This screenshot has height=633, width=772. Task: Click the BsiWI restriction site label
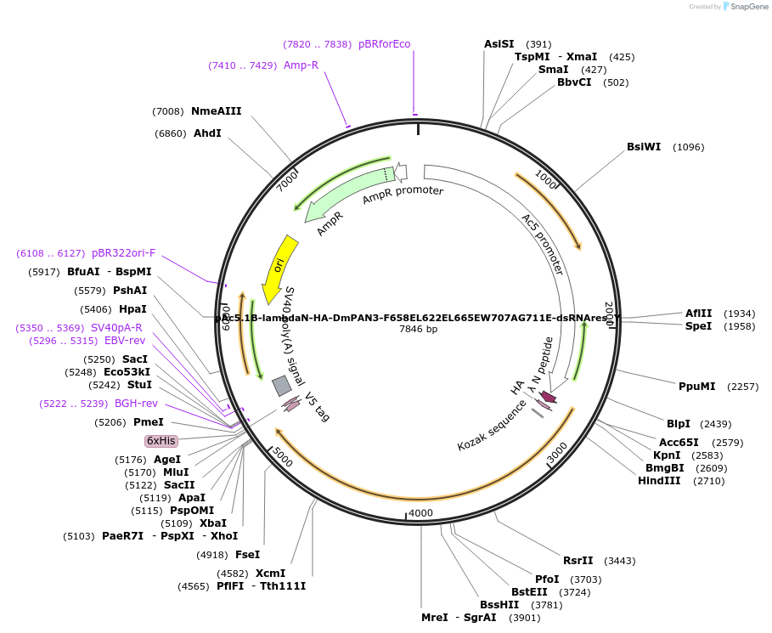point(644,147)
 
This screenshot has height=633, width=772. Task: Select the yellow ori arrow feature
point(278,267)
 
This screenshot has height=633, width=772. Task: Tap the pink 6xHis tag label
point(161,441)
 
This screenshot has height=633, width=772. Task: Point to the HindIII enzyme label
point(659,481)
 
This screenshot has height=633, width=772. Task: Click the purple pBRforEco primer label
point(384,44)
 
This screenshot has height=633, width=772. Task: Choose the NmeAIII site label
point(216,111)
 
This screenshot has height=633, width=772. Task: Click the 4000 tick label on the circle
point(420,513)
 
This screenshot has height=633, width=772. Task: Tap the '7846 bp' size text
point(418,329)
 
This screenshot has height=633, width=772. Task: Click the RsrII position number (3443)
point(619,561)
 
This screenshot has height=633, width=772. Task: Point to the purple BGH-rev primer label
point(136,404)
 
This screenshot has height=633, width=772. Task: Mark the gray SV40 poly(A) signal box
point(282,386)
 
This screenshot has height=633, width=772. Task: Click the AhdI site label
point(207,133)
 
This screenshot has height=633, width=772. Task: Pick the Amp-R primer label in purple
point(301,65)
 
